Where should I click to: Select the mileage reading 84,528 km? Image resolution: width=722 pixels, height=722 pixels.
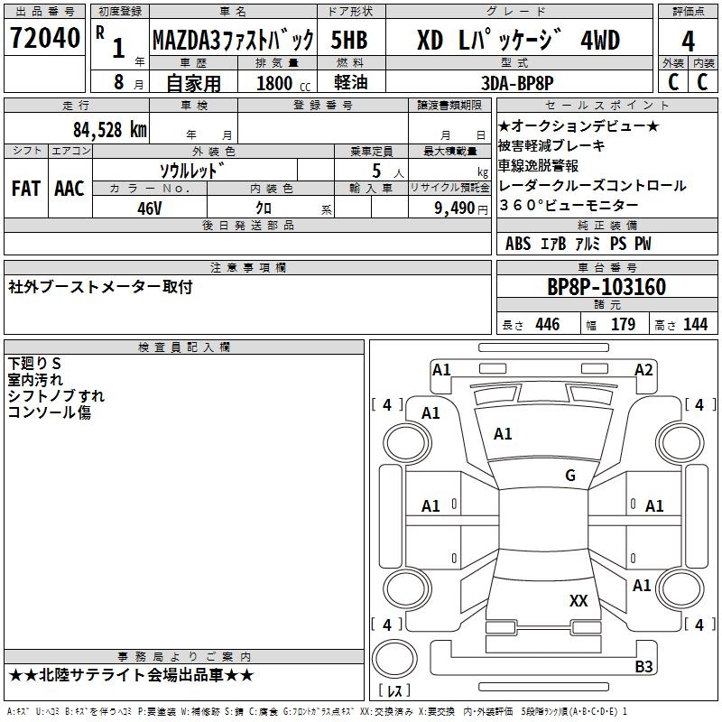coord(109,128)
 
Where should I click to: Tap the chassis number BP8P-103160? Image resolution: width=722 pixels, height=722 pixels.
coord(606,287)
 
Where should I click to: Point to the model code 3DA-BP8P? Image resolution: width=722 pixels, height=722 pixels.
coord(517,81)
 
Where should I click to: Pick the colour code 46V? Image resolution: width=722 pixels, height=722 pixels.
coord(150,207)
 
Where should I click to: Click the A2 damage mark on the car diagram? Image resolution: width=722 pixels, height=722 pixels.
coord(643,369)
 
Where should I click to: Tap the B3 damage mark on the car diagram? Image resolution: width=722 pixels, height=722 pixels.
coord(643,667)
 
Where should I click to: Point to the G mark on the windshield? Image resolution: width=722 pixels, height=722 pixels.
coord(569,476)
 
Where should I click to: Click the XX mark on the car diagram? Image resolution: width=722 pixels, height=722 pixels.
coord(579,600)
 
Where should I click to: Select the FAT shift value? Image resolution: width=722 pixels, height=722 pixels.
coord(26,188)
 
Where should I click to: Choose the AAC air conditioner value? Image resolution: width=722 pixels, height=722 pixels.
coord(69,188)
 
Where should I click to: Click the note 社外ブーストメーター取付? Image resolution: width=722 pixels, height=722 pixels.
coord(100,287)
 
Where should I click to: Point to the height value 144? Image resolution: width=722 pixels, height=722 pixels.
coord(695,324)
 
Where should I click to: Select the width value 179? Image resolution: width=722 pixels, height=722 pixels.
coord(623,324)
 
